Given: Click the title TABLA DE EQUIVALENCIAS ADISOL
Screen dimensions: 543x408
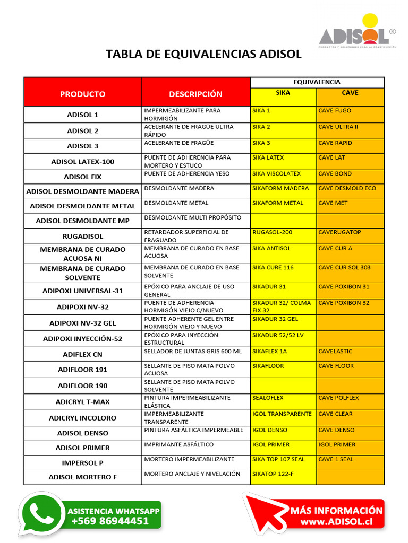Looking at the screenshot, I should coord(203,54).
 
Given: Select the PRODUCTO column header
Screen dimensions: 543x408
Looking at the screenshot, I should coord(82,94).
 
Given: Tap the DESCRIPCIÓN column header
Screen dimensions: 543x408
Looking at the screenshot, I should coord(195,94).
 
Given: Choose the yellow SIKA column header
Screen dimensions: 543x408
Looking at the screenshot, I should coord(283,93).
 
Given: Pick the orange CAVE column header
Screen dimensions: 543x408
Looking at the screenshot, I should coord(350,93).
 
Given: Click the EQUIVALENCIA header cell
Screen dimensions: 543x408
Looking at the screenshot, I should coord(317,82).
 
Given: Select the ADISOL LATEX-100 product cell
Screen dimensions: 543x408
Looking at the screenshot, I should coord(82,162).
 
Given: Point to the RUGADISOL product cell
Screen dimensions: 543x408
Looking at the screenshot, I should coord(82,236).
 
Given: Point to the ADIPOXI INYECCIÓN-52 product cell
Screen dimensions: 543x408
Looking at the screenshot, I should coord(82,339).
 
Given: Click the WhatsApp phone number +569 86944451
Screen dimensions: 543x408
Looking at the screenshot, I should coord(110,521).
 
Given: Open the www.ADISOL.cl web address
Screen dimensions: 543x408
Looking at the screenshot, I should coord(336,522).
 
